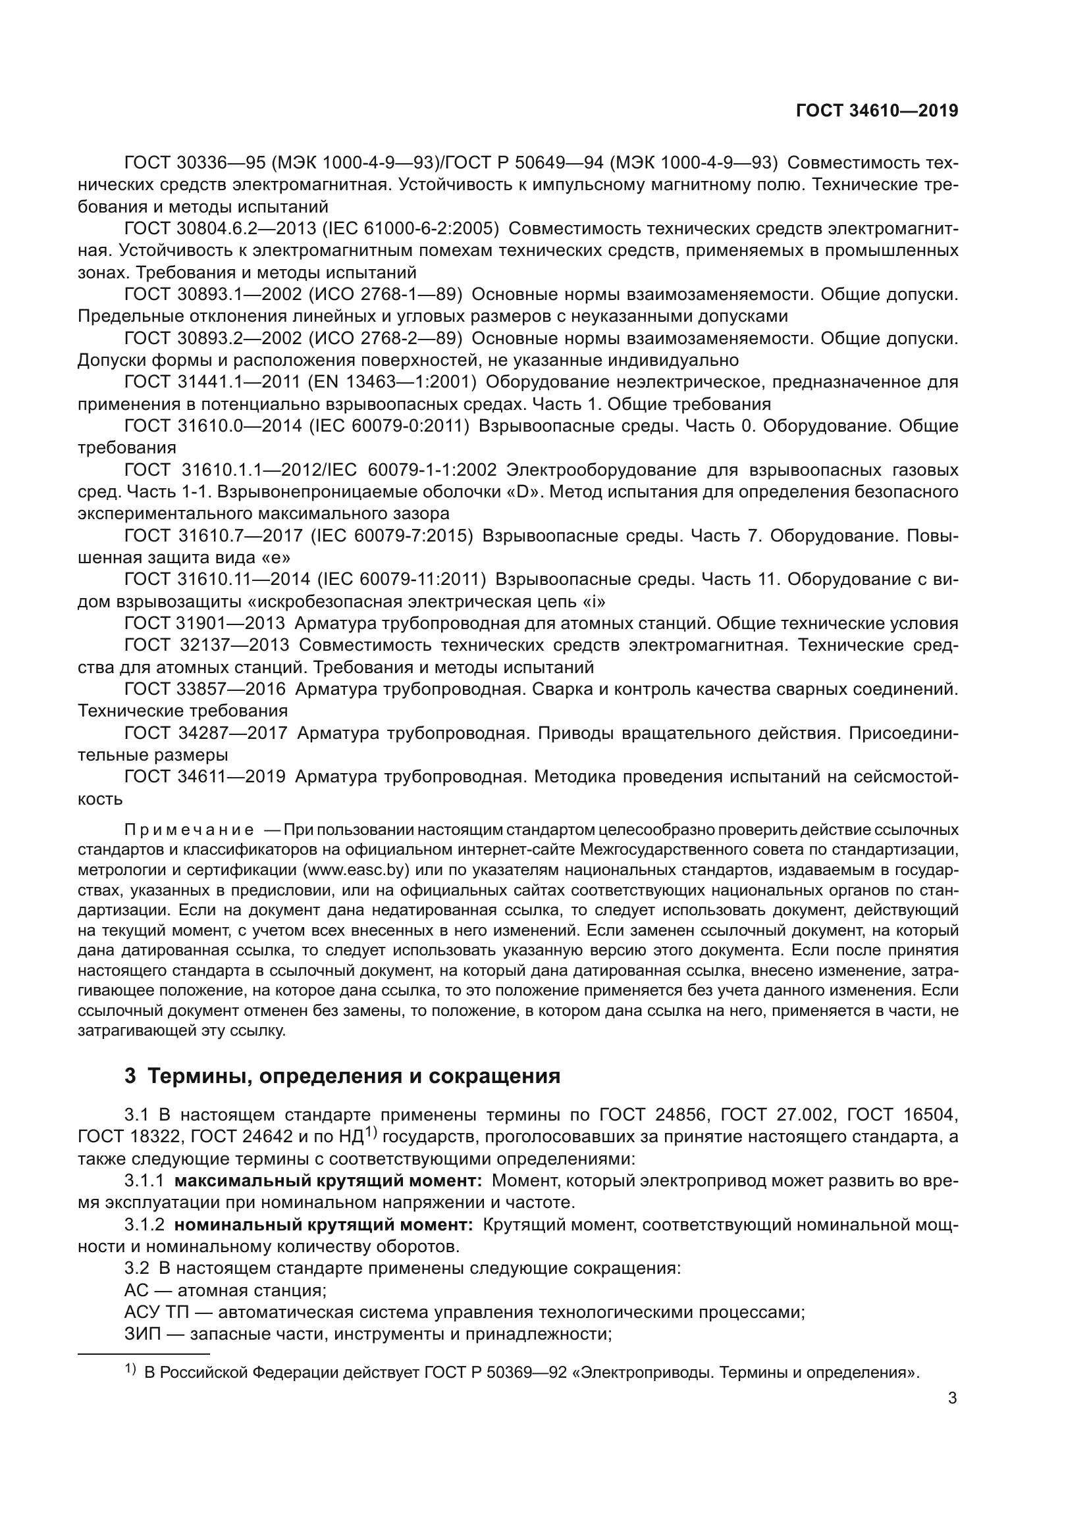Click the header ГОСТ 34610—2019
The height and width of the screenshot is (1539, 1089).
pos(876,111)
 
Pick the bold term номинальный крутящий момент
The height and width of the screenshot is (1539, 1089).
pos(323,1224)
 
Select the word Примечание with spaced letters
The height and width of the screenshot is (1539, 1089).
pos(189,830)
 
